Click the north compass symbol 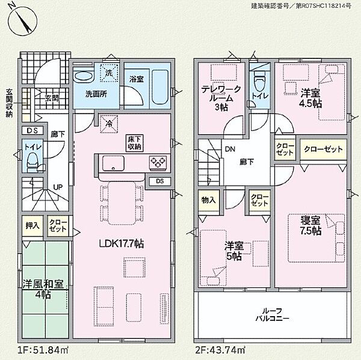(x=23, y=21)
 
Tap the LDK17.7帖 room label (x=122, y=243)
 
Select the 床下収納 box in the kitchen (x=134, y=143)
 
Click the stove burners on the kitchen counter (x=158, y=162)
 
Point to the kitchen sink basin (x=113, y=163)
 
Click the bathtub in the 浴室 (x=160, y=87)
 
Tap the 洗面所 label (x=96, y=94)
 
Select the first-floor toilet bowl (x=32, y=163)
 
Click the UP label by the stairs (x=58, y=188)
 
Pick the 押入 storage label (x=32, y=225)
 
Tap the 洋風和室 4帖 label (x=43, y=289)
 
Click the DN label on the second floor (x=230, y=149)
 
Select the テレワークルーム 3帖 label (x=221, y=98)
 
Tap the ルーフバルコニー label (x=272, y=315)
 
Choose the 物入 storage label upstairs (x=209, y=200)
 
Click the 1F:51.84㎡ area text (x=43, y=350)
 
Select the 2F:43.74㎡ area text (x=220, y=350)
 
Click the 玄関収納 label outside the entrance (x=10, y=103)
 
